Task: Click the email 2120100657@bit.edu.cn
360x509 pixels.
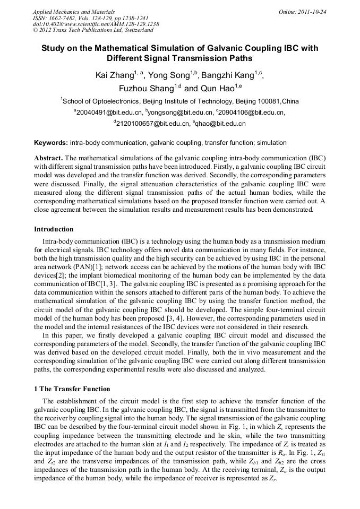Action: [153, 124]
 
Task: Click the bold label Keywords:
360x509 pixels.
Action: [51, 143]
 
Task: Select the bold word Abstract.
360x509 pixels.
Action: [48, 159]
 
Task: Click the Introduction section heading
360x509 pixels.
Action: [54, 229]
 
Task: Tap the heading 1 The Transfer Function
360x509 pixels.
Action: [72, 389]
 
